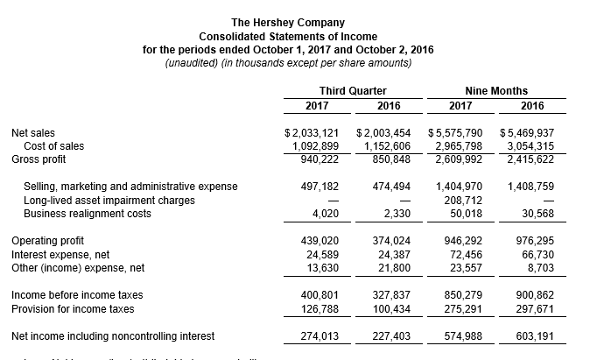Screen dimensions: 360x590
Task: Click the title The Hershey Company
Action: click(287, 22)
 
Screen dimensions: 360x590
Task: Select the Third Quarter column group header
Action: click(353, 91)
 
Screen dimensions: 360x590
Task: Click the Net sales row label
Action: click(33, 133)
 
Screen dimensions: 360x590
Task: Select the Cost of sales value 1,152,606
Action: click(386, 146)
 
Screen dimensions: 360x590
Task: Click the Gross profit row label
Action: click(39, 159)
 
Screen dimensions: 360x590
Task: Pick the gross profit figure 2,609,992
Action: click(459, 159)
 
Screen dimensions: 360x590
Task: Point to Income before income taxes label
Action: click(76, 295)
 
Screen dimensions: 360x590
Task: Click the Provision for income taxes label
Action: click(72, 308)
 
